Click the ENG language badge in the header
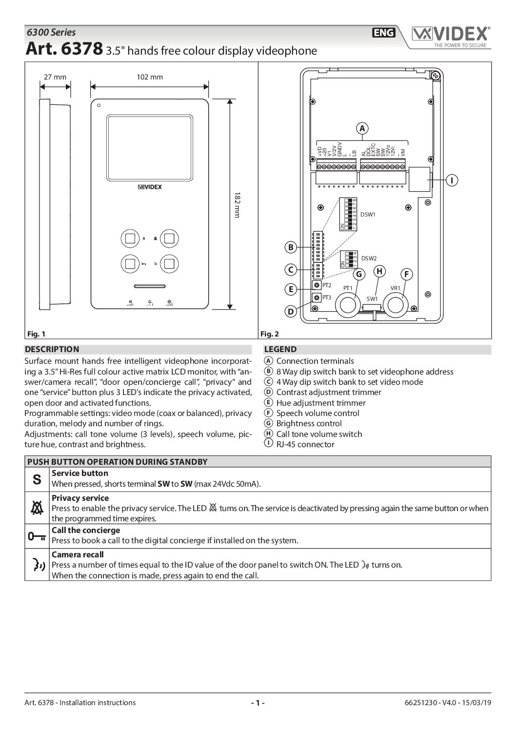click(384, 33)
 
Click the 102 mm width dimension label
click(150, 77)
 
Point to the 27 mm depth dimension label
click(55, 77)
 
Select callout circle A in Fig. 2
click(362, 128)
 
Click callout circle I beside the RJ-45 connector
click(452, 180)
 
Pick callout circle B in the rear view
click(291, 247)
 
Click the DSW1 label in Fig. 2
click(369, 215)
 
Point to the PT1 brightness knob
click(348, 305)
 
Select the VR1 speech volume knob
click(395, 305)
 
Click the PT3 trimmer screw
click(317, 297)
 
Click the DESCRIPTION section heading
click(52, 349)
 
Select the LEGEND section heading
click(280, 349)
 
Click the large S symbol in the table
click(37, 479)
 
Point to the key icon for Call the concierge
click(37, 536)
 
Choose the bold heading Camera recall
click(78, 554)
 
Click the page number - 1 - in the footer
click(258, 703)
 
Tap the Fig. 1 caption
click(35, 334)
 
